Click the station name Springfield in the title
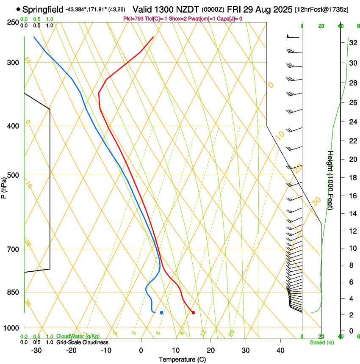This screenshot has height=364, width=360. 43,9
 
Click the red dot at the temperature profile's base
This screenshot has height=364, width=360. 193,313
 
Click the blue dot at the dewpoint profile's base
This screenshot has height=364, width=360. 161,312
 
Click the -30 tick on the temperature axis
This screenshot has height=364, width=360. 36,350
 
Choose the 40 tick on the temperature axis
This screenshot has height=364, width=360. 280,350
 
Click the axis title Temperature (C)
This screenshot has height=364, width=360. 183,359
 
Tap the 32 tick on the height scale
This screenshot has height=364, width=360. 352,43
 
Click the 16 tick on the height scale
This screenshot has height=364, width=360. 352,196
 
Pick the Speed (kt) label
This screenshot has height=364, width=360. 322,342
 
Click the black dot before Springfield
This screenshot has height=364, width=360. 18,9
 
